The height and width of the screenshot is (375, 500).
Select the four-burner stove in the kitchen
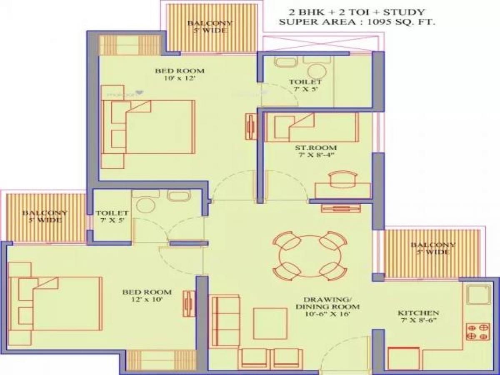[477, 331]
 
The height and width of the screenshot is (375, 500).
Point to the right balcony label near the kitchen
[432, 248]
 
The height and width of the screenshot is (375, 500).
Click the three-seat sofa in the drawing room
[225, 320]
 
